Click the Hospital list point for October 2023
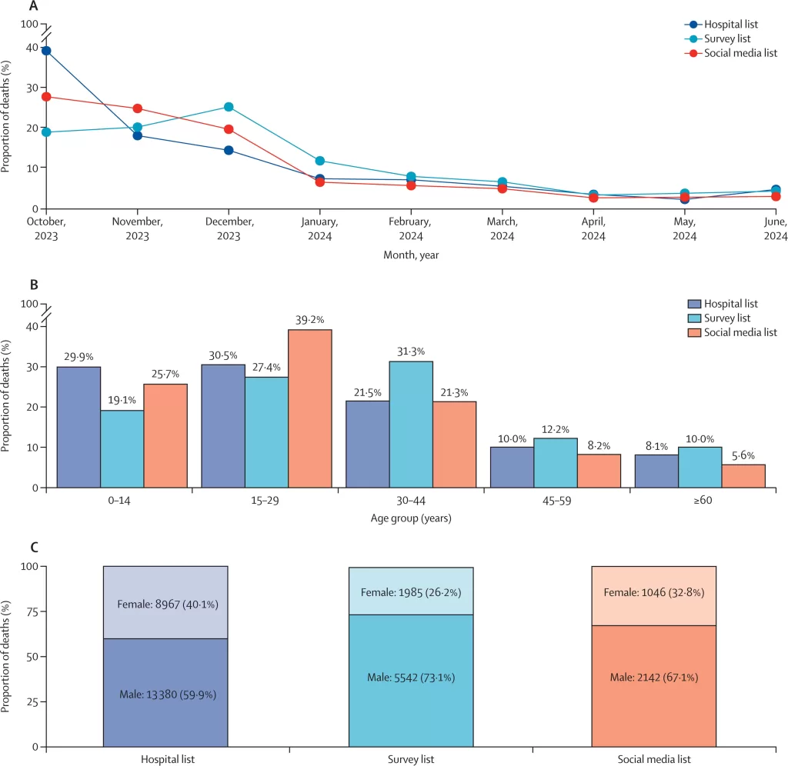[46, 51]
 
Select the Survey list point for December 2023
[229, 107]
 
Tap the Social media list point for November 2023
[137, 108]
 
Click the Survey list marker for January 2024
[319, 161]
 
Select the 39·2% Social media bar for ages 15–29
[310, 408]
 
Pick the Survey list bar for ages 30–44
[411, 424]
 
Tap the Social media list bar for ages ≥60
[743, 475]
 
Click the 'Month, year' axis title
[411, 255]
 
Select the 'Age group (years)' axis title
[411, 518]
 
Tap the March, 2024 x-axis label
[503, 228]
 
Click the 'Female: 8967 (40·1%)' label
[165, 604]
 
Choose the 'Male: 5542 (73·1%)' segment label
[411, 677]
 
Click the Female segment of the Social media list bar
[654, 595]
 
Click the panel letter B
[33, 285]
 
